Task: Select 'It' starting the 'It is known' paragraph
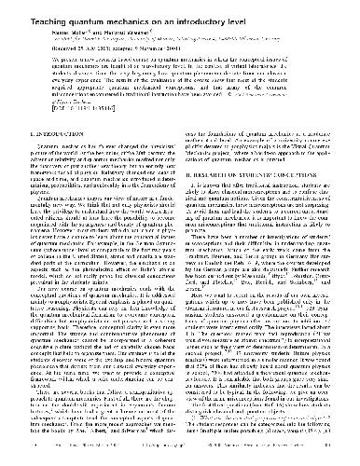tap(199, 211)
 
